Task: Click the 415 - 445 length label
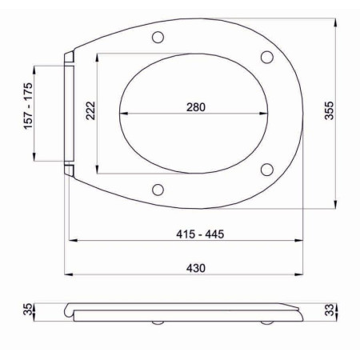[186, 234]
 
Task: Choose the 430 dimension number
[186, 268]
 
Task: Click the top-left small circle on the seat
[158, 36]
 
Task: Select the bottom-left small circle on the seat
[158, 190]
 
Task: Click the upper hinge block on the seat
[70, 57]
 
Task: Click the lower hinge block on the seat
[70, 169]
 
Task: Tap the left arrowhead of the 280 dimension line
[122, 114]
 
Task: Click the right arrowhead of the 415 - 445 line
[302, 240]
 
